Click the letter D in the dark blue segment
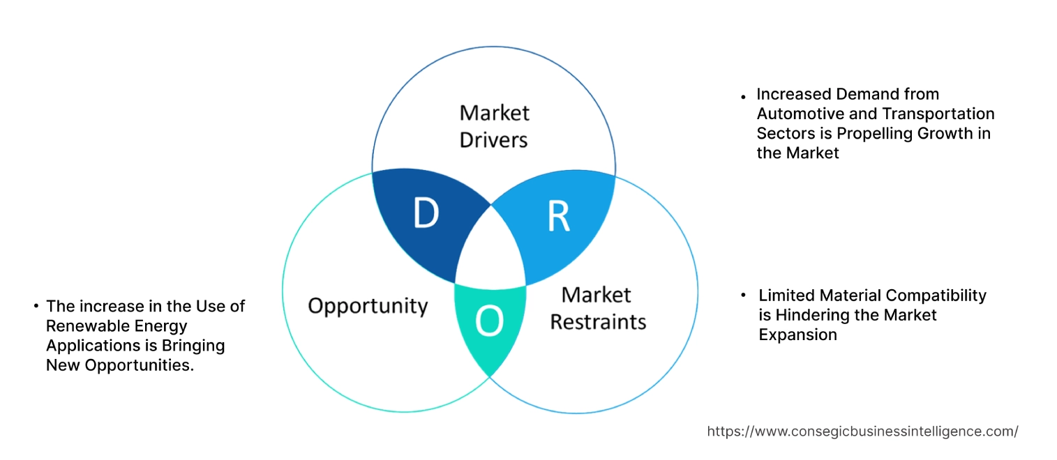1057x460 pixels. coord(425,214)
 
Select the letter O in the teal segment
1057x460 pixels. coord(488,321)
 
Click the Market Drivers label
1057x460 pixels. coord(493,126)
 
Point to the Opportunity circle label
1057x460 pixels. coord(368,305)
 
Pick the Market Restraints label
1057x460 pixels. coord(597,308)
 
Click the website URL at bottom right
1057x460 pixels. coord(862,431)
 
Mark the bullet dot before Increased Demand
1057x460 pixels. coord(744,95)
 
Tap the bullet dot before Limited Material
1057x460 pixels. coord(744,296)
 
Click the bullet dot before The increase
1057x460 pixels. coord(35,306)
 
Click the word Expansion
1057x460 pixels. coord(797,335)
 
